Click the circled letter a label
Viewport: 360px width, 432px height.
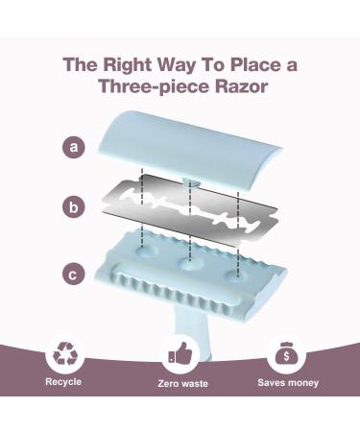pyautogui.click(x=74, y=147)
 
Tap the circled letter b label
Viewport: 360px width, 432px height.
pyautogui.click(x=74, y=207)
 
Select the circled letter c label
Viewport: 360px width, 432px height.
pyautogui.click(x=74, y=275)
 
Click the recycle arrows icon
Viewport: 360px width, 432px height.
pyautogui.click(x=65, y=353)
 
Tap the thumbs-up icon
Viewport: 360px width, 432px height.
pyautogui.click(x=180, y=353)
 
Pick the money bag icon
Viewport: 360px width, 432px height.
pyautogui.click(x=286, y=353)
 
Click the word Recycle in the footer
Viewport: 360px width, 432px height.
pyautogui.click(x=63, y=381)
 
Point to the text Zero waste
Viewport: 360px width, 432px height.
pyautogui.click(x=182, y=383)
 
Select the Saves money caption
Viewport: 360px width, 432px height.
pyautogui.click(x=288, y=383)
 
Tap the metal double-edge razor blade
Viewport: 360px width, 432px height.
pyautogui.click(x=189, y=209)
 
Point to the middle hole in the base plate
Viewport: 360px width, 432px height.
pyautogui.click(x=190, y=263)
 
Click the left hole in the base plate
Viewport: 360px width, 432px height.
pyautogui.click(x=146, y=251)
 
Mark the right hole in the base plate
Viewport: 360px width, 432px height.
pyautogui.click(x=237, y=276)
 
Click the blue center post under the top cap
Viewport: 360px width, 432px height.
pyautogui.click(x=191, y=183)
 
